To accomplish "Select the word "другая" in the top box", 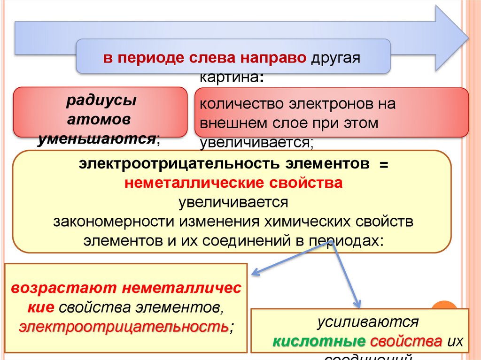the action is (334, 60).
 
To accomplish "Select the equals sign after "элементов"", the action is (385, 164).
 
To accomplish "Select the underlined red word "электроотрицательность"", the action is (124, 326).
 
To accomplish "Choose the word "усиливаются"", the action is (367, 322).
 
